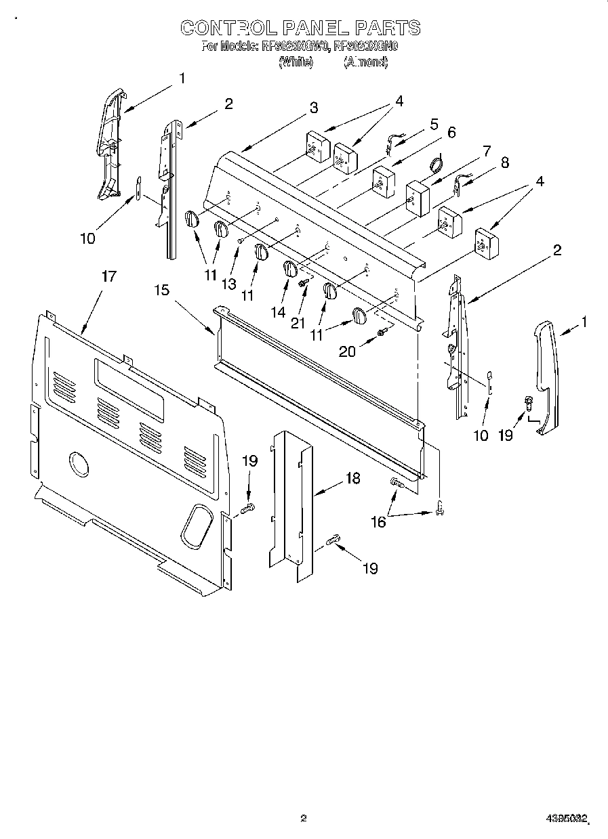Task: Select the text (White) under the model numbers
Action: click(296, 62)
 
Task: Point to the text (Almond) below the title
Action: click(365, 62)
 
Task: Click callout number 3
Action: click(314, 107)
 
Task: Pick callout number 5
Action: click(434, 124)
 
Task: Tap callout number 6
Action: click(451, 132)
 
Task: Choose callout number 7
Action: click(486, 150)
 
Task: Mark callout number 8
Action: click(504, 163)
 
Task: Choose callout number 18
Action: click(352, 478)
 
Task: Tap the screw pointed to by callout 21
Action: click(304, 281)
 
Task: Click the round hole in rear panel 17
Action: click(78, 465)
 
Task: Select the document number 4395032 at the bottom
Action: click(566, 819)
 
